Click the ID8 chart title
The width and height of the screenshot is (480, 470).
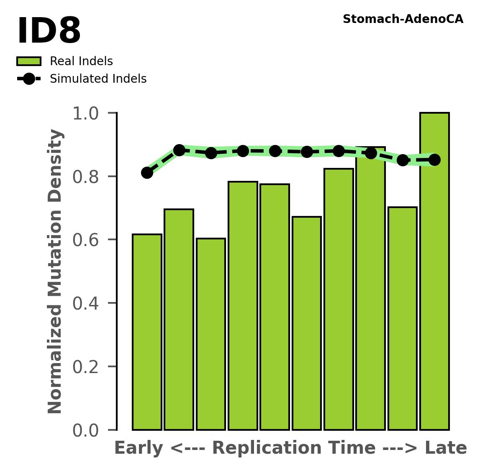(49, 31)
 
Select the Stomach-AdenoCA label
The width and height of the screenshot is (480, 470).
(403, 19)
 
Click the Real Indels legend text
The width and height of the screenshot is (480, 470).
(81, 61)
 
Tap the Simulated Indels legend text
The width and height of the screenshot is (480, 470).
(98, 79)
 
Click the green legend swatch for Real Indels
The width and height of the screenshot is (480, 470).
(29, 61)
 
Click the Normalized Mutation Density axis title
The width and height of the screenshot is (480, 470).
(55, 271)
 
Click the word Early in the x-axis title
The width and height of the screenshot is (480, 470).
(139, 448)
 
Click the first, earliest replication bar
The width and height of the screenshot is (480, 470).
(147, 332)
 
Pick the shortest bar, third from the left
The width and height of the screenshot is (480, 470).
(211, 334)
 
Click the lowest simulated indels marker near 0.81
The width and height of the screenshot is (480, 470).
(147, 173)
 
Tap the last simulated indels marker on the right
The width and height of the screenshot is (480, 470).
(434, 160)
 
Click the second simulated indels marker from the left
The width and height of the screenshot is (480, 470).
(179, 150)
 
